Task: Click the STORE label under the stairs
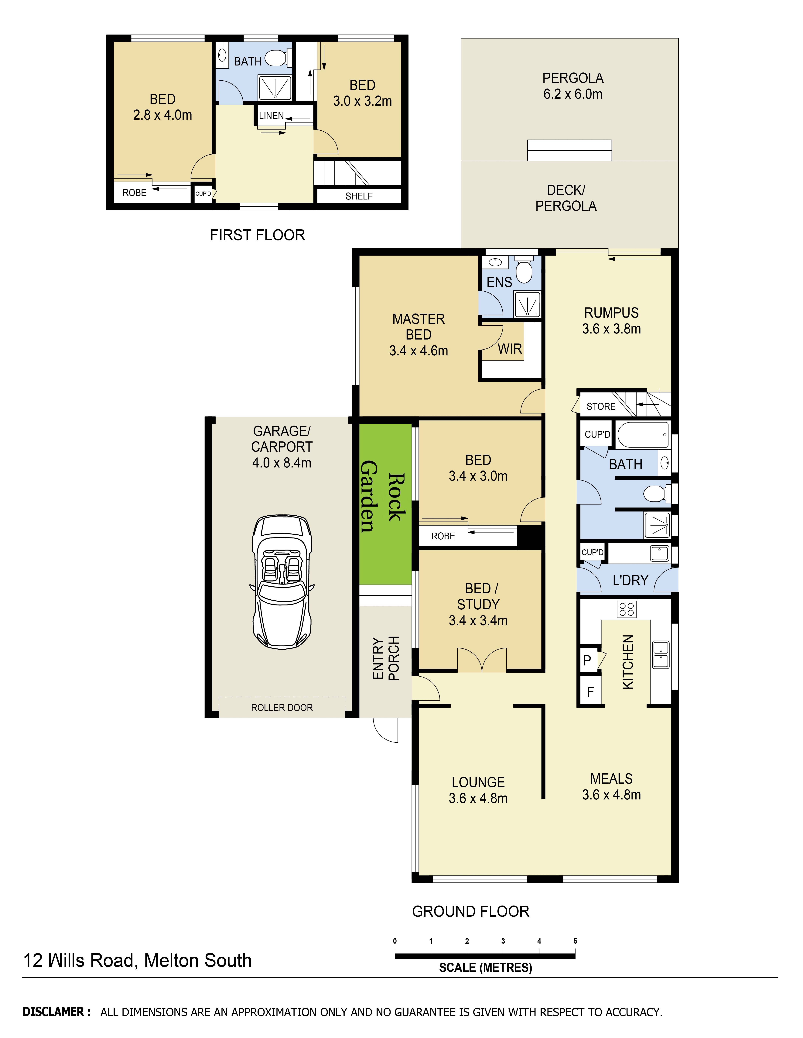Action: tap(601, 406)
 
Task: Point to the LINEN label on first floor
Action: tap(271, 116)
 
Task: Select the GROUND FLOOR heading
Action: tap(470, 911)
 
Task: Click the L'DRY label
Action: tap(630, 580)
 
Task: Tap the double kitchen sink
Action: tap(660, 655)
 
